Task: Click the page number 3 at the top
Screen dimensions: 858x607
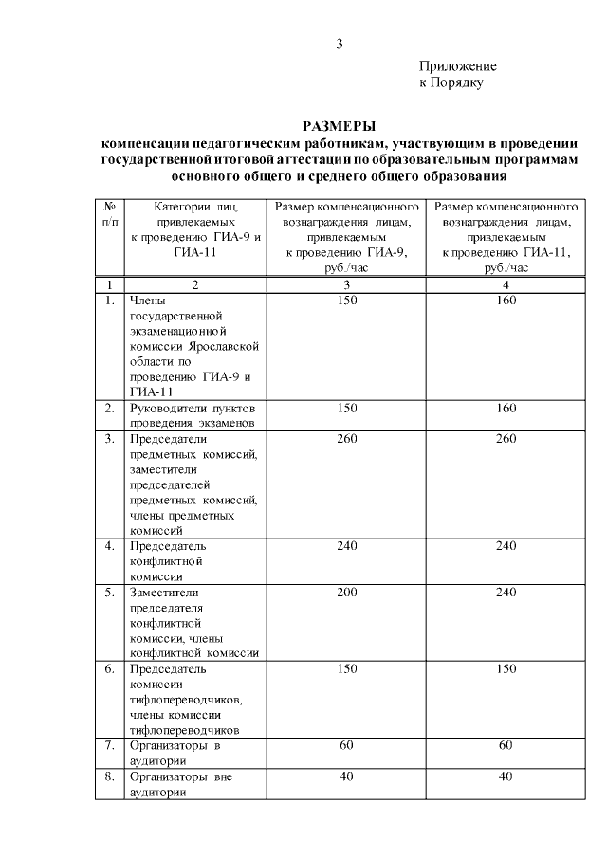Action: point(339,44)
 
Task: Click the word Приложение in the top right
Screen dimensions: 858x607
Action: point(458,66)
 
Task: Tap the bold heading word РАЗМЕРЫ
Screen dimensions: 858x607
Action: point(339,126)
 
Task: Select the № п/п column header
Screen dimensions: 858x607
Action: point(110,213)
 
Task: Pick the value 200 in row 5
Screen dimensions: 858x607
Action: point(346,593)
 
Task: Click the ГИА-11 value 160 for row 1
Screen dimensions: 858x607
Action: point(505,301)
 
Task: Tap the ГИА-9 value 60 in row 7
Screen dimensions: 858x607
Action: point(346,746)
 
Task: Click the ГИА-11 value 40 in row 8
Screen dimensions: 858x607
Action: point(505,776)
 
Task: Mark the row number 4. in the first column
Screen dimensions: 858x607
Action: point(110,547)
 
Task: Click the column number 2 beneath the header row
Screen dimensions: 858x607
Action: point(195,285)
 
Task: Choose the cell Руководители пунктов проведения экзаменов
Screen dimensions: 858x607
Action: point(193,415)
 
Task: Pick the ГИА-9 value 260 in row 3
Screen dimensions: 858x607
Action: point(346,439)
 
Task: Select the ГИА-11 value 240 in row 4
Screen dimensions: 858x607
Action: point(505,547)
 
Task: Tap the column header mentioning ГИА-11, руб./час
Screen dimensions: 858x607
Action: point(505,236)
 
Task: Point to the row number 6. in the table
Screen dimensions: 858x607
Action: point(110,669)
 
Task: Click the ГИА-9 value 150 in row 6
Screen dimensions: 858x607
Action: point(346,669)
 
